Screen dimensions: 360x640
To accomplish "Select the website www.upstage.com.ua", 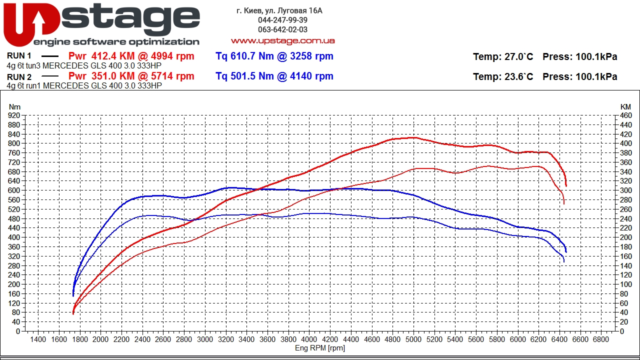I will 282,41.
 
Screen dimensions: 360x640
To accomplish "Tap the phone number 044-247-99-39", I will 282,20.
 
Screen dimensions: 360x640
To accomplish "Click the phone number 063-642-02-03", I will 282,29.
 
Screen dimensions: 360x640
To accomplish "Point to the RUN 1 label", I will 19,56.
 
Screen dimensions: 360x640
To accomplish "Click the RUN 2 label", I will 19,77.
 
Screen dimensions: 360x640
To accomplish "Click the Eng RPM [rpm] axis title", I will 319,348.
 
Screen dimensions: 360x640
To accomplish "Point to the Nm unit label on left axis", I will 15,107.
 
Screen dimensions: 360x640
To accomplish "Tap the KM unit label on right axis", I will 625,107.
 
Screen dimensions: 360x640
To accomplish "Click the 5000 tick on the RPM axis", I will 413,339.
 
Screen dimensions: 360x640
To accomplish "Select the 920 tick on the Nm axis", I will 14,115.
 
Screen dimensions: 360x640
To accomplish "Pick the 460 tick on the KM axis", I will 625,115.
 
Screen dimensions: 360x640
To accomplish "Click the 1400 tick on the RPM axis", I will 38,339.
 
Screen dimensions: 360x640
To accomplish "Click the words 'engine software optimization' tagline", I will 116,42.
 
